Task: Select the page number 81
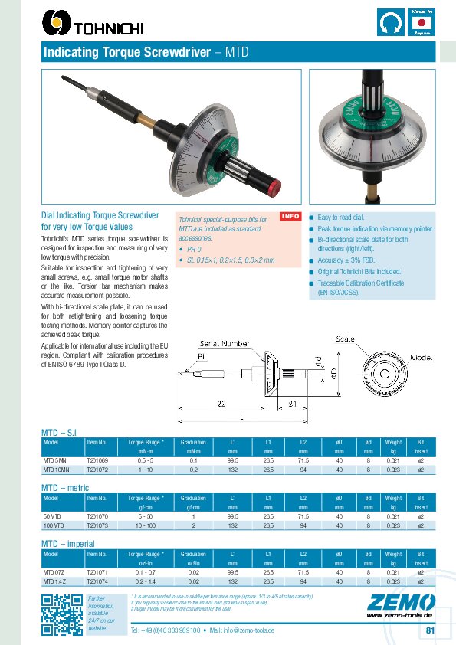click(430, 630)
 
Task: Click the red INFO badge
click(291, 216)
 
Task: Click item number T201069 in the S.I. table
click(97, 460)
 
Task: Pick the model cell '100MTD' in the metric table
click(53, 525)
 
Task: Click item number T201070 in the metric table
click(97, 517)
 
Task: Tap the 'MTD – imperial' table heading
click(67, 543)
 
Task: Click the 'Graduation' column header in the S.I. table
click(193, 443)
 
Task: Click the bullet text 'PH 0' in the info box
click(193, 250)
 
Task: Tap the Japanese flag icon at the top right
click(422, 24)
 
